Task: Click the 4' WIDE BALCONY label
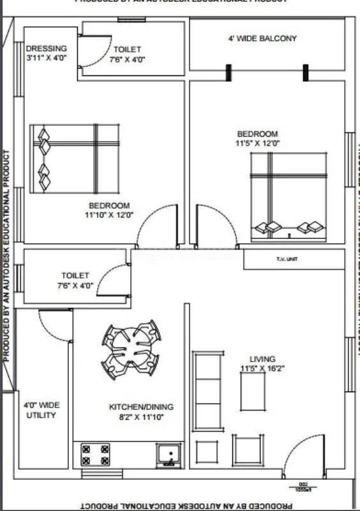pyautogui.click(x=262, y=38)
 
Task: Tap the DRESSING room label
pyautogui.click(x=46, y=49)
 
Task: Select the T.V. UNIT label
pyautogui.click(x=287, y=259)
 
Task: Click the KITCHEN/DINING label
pyautogui.click(x=141, y=407)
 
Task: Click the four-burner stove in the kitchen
pyautogui.click(x=95, y=454)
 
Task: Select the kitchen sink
pyautogui.click(x=169, y=455)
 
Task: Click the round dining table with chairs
pyautogui.click(x=131, y=349)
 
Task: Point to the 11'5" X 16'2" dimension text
pyautogui.click(x=262, y=369)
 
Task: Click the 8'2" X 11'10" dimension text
pyautogui.click(x=141, y=416)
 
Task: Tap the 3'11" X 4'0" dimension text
pyautogui.click(x=47, y=58)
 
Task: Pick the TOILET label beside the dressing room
pyautogui.click(x=128, y=49)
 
